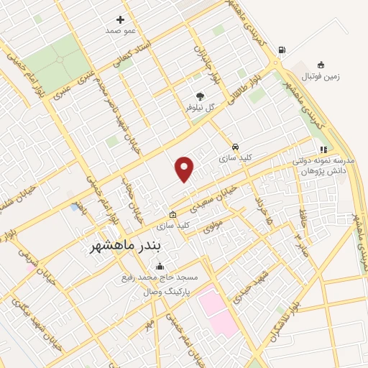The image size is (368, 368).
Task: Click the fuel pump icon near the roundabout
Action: click(281, 50)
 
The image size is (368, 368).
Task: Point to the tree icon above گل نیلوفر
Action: click(200, 96)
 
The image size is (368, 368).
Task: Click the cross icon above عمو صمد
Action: click(120, 20)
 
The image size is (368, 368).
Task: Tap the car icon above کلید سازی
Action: click(236, 145)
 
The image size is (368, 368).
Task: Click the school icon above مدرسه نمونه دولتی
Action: click(323, 149)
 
